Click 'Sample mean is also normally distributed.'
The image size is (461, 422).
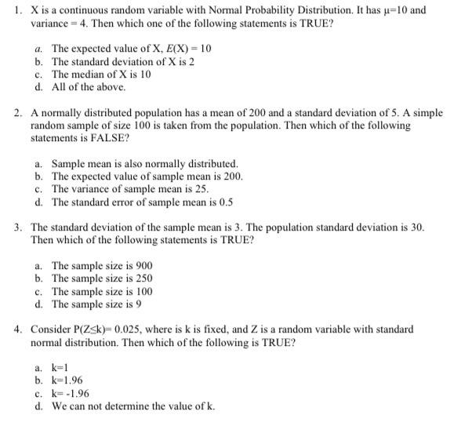click(144, 164)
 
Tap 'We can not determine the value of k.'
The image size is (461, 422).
click(132, 406)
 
